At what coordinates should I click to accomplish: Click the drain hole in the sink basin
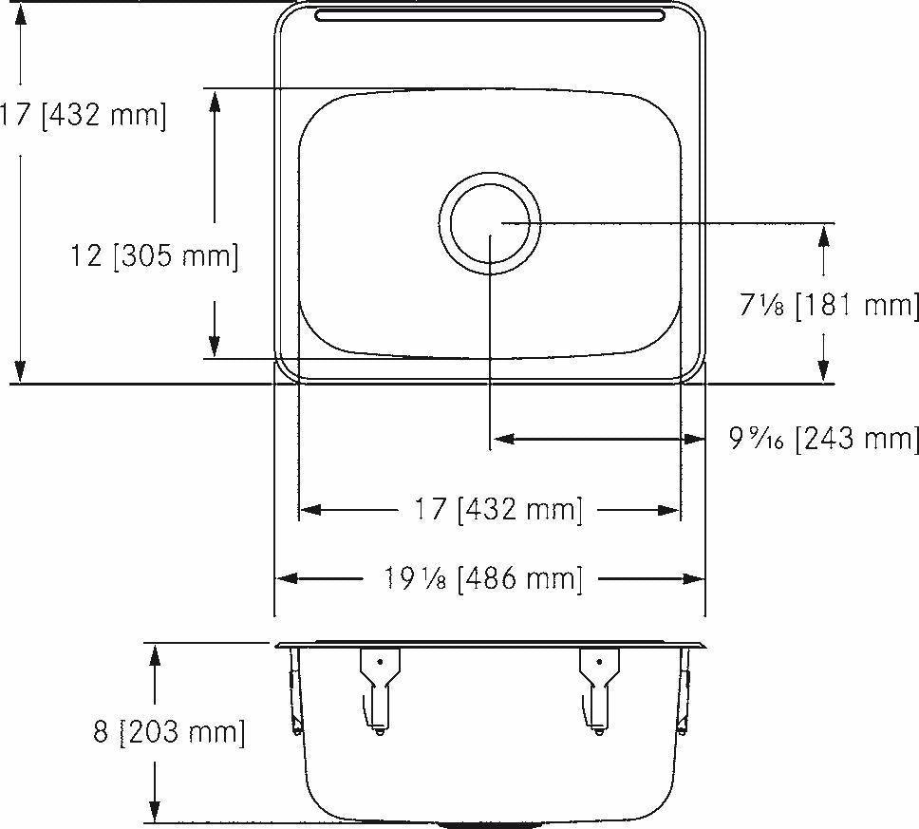click(x=491, y=223)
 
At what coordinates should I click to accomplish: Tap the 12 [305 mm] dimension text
click(x=155, y=255)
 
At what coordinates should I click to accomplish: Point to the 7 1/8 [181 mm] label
click(x=828, y=306)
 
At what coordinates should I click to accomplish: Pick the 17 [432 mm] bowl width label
click(x=497, y=510)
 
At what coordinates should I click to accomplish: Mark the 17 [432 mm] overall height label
click(x=84, y=116)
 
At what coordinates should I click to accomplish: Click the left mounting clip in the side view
click(x=379, y=688)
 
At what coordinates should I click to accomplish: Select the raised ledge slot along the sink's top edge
click(x=491, y=15)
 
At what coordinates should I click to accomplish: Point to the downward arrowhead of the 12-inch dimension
click(x=215, y=348)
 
